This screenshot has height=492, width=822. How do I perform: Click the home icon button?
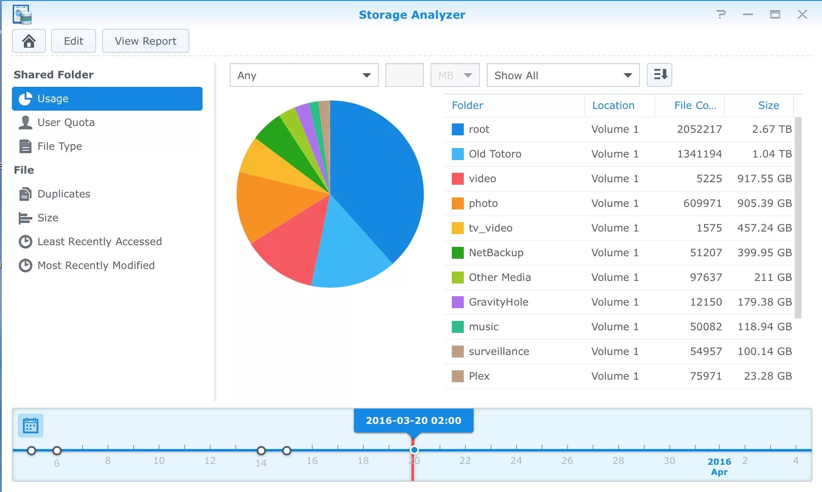(29, 41)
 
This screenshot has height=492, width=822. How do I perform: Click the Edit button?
(74, 41)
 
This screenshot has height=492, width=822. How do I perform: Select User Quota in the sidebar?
(66, 123)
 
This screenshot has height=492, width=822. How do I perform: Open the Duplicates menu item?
(64, 194)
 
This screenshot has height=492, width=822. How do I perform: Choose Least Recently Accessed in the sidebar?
(100, 242)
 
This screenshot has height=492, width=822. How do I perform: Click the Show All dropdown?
(562, 75)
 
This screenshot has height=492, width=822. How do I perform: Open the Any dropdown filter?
(304, 75)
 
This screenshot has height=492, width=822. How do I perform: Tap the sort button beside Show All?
(659, 75)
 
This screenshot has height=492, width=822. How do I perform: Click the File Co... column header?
(695, 106)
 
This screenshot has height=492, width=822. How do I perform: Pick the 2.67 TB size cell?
(771, 129)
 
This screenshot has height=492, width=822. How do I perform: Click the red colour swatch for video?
(457, 179)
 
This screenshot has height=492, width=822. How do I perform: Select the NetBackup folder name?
(496, 253)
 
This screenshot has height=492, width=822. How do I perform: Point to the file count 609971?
(702, 203)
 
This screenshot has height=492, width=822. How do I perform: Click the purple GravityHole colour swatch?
(457, 302)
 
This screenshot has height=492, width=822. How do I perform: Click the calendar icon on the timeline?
(31, 426)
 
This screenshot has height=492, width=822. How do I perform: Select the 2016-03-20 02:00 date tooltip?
(414, 420)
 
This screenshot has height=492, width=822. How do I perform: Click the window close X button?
(802, 15)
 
